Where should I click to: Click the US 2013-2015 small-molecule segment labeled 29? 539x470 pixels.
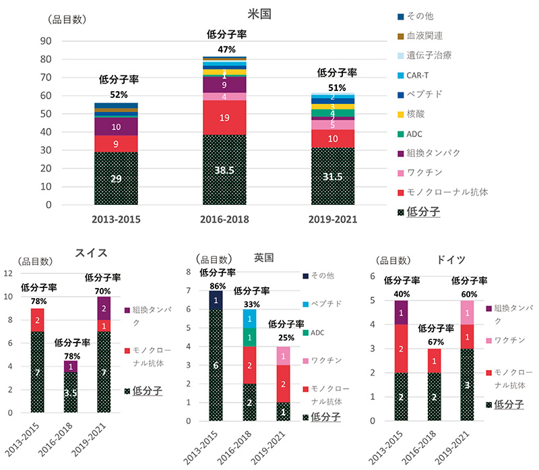[117, 178]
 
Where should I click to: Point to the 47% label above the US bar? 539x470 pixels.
[224, 49]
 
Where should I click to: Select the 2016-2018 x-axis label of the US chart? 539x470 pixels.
[224, 219]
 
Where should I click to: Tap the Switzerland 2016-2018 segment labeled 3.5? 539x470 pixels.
[71, 392]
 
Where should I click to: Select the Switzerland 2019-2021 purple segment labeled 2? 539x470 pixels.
[104, 308]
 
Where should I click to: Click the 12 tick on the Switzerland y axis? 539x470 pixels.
[8, 273]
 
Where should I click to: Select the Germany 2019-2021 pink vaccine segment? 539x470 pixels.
[467, 312]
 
